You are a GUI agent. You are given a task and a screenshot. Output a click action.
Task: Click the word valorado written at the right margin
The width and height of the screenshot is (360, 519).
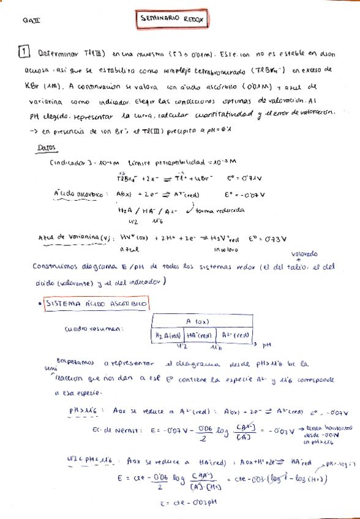304,253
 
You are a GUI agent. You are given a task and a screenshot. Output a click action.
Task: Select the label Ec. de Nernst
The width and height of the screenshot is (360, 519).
118,430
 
